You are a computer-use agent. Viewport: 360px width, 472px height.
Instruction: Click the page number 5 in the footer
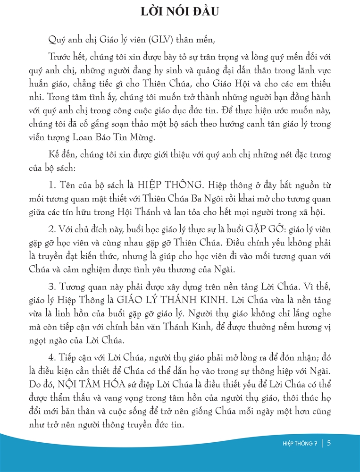pyautogui.click(x=328, y=443)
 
